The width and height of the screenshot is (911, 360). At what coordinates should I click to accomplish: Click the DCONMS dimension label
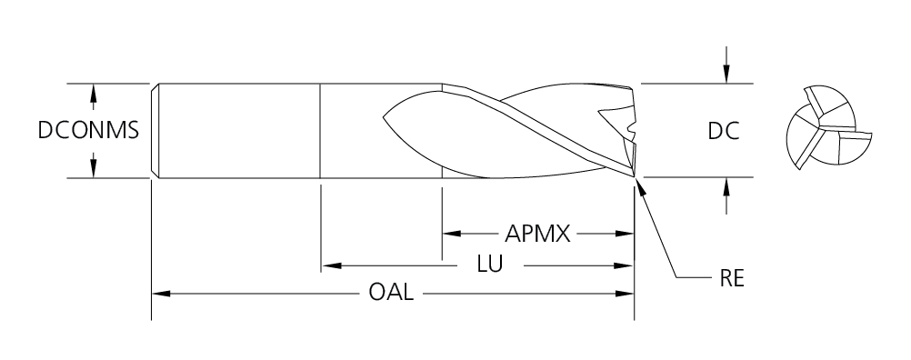88,131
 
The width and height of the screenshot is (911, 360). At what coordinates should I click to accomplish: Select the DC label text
724,131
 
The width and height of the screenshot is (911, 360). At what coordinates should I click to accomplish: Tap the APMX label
537,234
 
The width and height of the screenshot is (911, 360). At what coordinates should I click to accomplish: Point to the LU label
490,265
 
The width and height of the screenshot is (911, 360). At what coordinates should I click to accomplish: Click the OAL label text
391,292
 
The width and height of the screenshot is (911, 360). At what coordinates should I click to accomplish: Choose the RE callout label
732,279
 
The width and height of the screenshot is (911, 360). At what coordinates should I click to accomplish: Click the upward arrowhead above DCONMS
93,94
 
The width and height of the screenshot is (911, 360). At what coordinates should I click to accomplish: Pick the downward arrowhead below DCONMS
93,168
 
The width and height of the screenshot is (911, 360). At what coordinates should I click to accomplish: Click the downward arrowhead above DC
726,74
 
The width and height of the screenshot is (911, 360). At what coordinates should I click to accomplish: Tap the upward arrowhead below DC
726,187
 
